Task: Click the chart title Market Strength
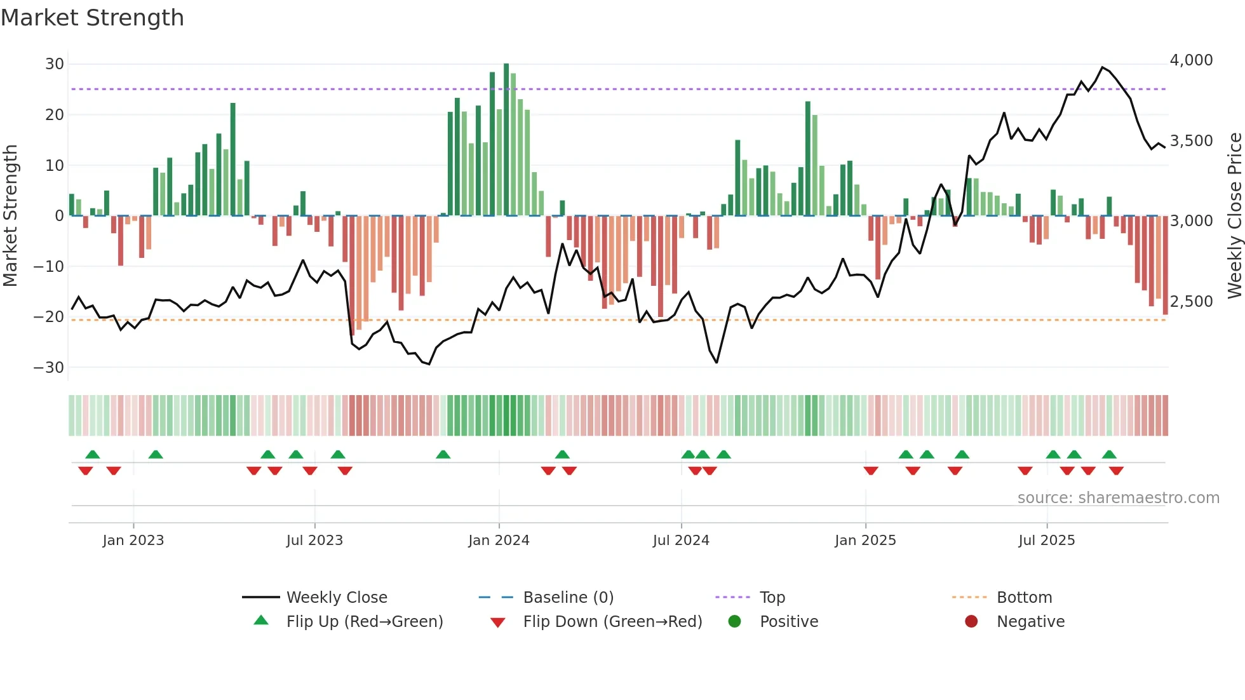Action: [x=92, y=18]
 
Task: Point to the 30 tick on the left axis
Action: [x=55, y=64]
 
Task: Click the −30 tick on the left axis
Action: [x=49, y=368]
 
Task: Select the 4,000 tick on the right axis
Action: [x=1191, y=60]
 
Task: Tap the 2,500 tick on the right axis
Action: [x=1191, y=302]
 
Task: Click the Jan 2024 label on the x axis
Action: [x=499, y=541]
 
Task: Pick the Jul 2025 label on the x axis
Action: [x=1046, y=541]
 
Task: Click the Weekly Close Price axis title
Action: [x=1234, y=216]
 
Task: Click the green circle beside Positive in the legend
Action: [x=734, y=622]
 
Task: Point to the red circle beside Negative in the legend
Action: [x=971, y=622]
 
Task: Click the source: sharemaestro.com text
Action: [x=1118, y=498]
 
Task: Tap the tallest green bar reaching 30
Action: [x=506, y=140]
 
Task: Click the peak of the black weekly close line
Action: [x=1103, y=67]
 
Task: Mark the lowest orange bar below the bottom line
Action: [x=359, y=318]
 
